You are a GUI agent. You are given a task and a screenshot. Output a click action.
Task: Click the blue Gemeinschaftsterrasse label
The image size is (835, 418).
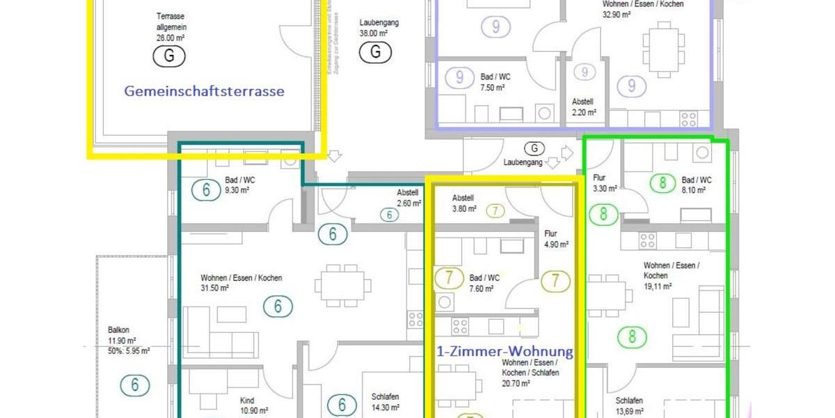click(204, 91)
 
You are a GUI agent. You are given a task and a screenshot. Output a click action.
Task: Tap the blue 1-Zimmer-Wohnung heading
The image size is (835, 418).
click(505, 352)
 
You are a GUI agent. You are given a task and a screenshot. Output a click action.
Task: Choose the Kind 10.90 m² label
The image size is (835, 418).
click(254, 406)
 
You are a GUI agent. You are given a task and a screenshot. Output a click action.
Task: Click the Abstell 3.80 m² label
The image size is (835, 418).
click(464, 203)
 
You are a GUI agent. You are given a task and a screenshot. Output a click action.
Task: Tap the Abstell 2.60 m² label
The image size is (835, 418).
click(408, 199)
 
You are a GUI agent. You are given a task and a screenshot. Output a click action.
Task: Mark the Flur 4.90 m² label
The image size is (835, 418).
click(556, 240)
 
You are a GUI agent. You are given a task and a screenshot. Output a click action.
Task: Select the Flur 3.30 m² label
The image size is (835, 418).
click(605, 183)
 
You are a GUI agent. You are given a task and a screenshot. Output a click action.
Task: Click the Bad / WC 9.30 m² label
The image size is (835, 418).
click(240, 185)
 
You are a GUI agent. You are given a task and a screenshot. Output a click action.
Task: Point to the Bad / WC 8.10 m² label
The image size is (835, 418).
click(697, 185)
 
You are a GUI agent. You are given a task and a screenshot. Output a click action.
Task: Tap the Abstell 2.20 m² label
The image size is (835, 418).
click(583, 107)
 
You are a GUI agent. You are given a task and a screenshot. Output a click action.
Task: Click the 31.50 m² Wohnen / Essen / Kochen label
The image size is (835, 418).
click(241, 283)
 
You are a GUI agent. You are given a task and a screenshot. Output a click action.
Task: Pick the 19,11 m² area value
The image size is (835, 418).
click(658, 286)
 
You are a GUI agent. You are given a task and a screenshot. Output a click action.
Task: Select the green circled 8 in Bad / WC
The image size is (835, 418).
click(662, 184)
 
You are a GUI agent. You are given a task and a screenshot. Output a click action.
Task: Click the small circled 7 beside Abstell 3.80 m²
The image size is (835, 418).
click(495, 210)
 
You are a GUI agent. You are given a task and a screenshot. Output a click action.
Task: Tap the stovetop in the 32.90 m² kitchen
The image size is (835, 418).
click(689, 118)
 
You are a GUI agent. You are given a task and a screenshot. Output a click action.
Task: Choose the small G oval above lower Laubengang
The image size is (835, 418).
click(534, 148)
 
